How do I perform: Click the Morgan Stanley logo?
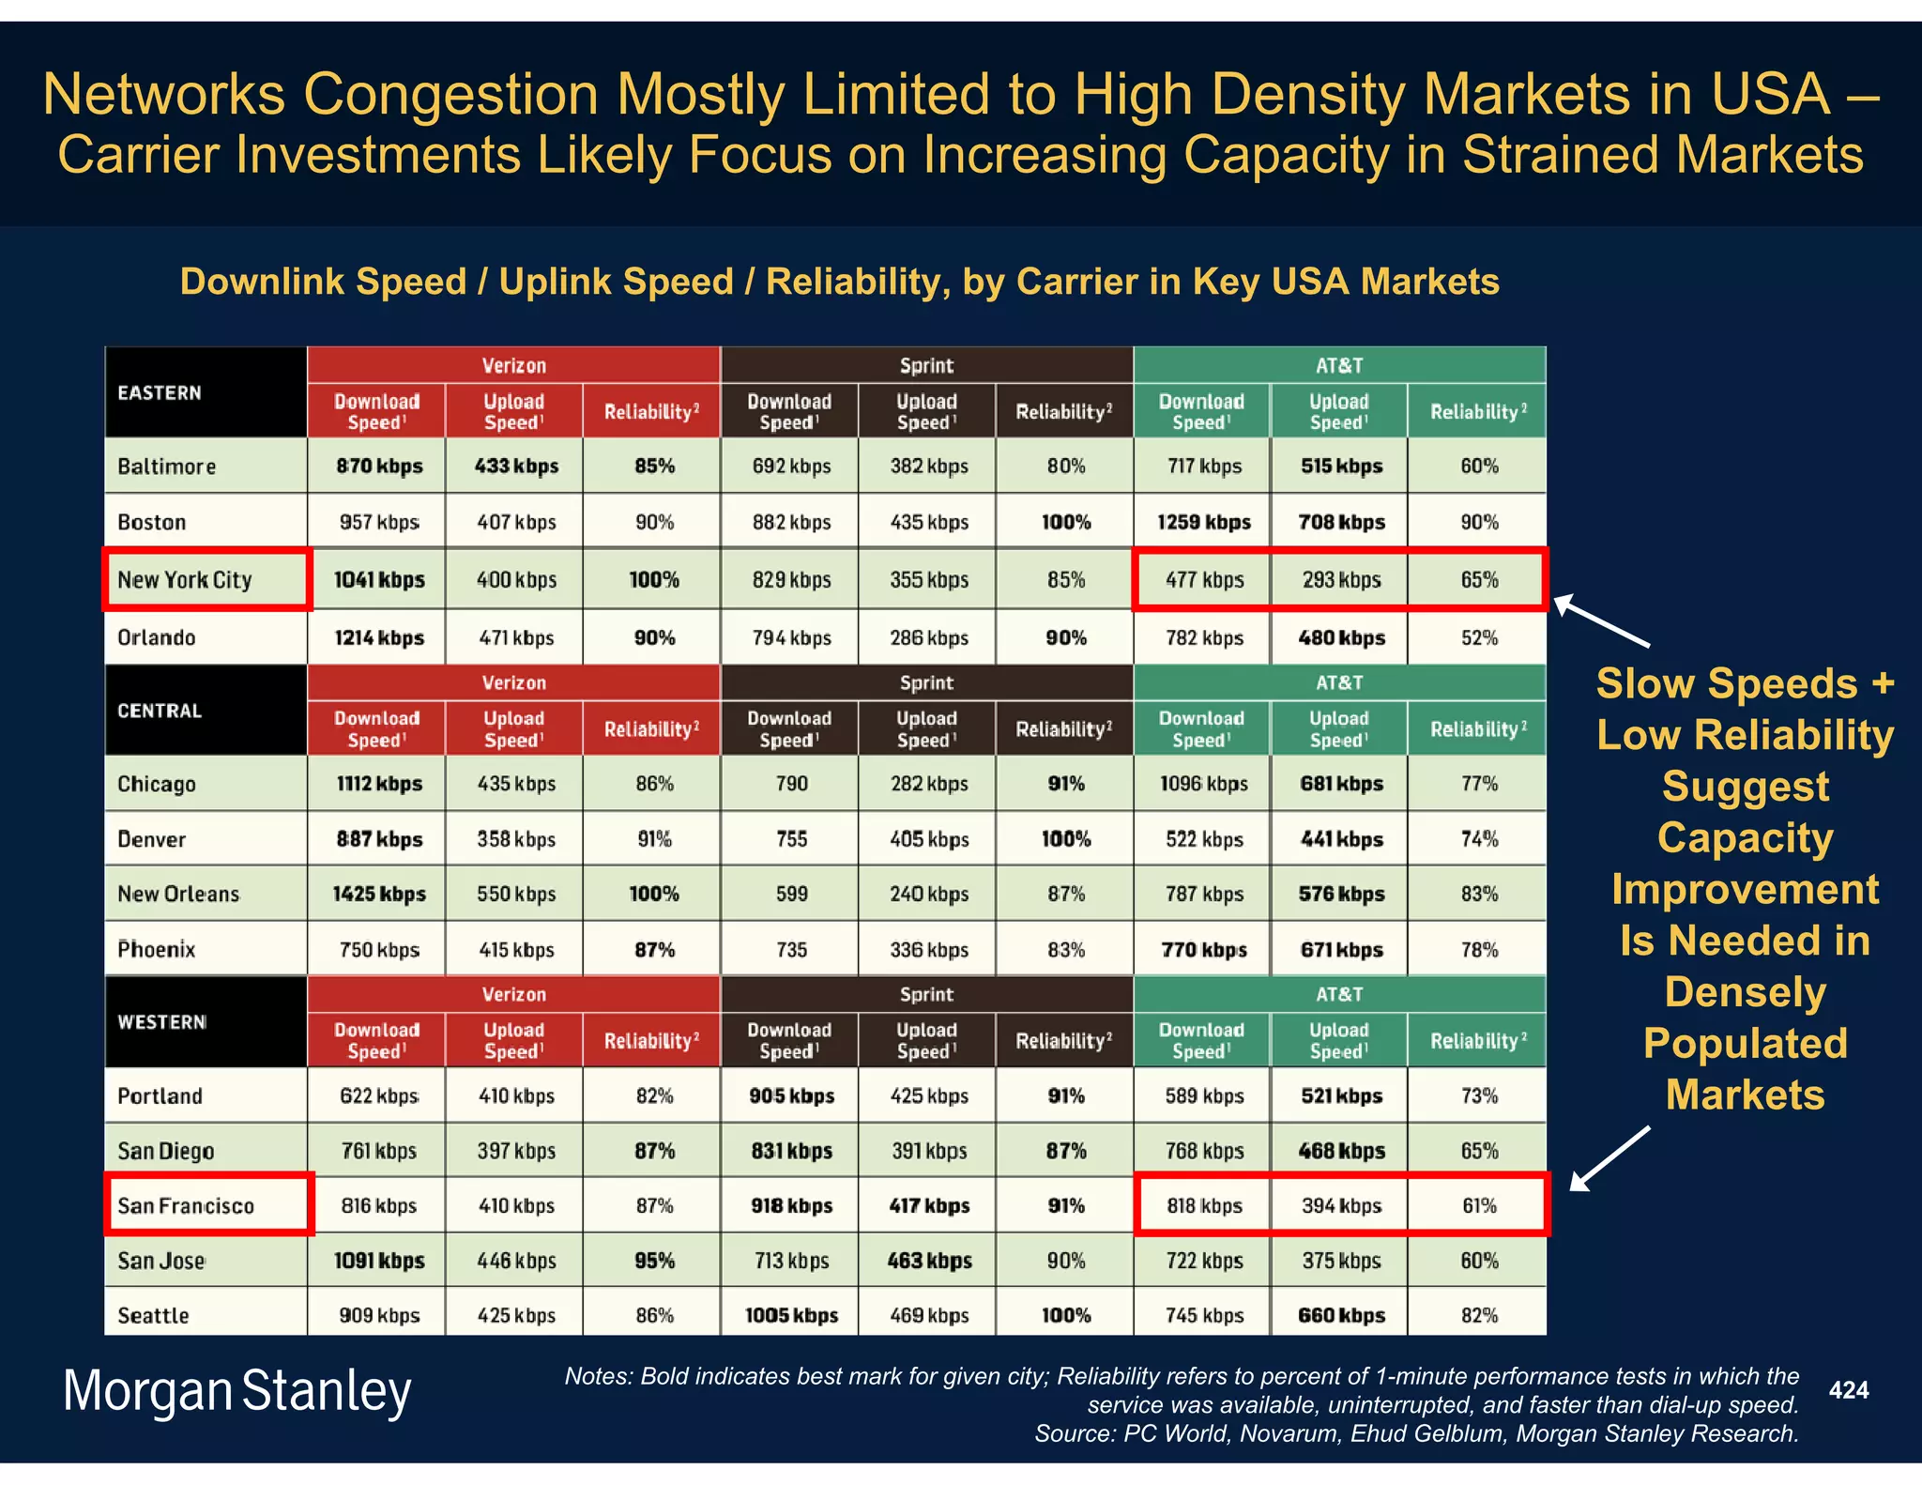click(236, 1391)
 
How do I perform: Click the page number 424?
click(1848, 1390)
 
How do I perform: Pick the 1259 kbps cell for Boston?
click(1203, 522)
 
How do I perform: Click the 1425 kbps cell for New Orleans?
click(378, 894)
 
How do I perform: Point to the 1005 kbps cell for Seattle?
click(791, 1315)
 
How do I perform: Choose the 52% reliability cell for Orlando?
click(1479, 637)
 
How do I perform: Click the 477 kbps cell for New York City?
click(1204, 580)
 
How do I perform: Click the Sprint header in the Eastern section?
click(926, 365)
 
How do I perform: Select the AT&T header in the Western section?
click(1339, 994)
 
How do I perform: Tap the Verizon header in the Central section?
click(513, 682)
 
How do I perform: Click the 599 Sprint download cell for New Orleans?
click(791, 894)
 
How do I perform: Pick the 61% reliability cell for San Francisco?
click(1479, 1205)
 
